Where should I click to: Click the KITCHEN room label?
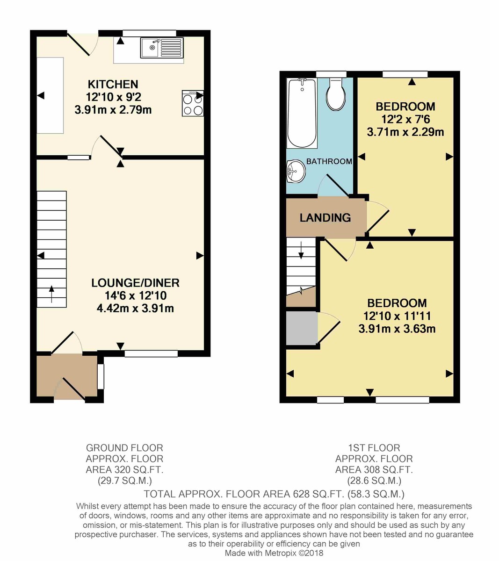tap(113, 85)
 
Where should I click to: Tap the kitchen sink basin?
tap(151, 47)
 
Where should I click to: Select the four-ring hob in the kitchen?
tap(193, 103)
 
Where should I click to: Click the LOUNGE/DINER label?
tap(135, 283)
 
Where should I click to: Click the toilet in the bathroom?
tap(336, 95)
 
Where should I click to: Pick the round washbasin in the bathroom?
tap(296, 171)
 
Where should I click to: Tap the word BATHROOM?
tap(329, 161)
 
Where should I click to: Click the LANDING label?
tap(325, 218)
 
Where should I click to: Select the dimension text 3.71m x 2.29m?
tap(405, 132)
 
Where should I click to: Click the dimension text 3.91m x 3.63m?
tap(397, 329)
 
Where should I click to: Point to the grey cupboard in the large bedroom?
tap(301, 328)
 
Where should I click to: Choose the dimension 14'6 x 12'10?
tap(136, 295)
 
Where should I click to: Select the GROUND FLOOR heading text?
tap(124, 448)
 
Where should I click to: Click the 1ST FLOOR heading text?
tap(374, 448)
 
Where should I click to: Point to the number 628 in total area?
tap(302, 494)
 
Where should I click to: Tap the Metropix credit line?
tap(274, 553)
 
